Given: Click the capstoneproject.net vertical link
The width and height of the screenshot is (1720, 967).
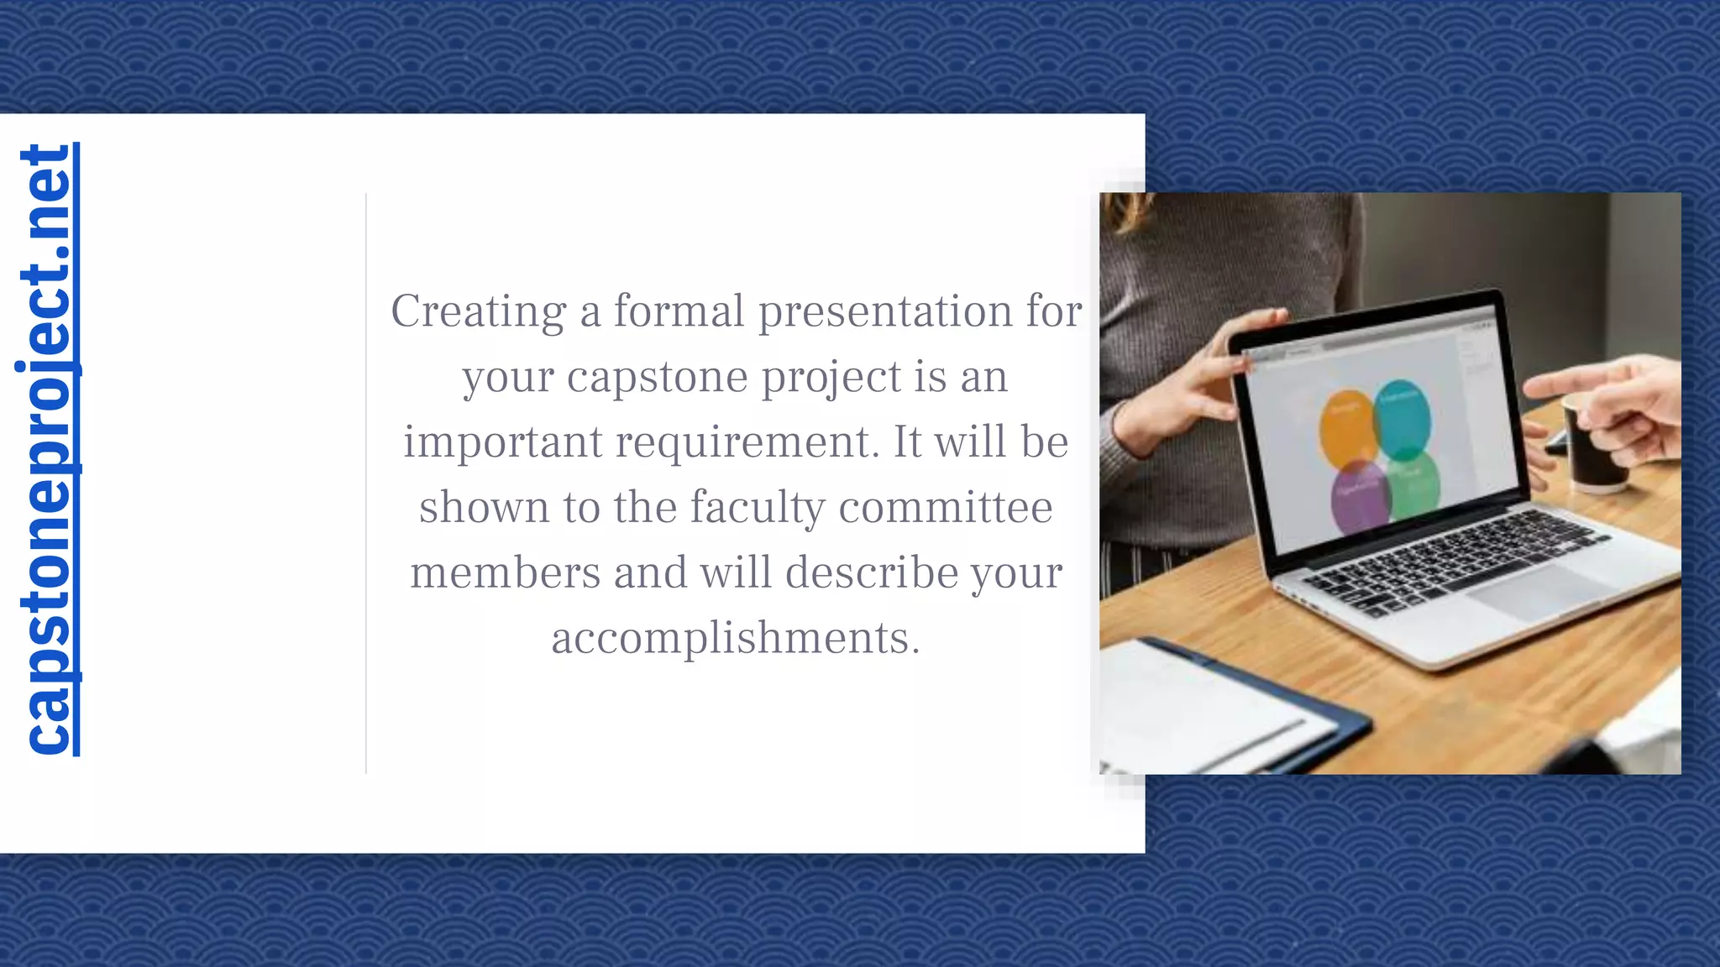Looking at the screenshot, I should pos(47,450).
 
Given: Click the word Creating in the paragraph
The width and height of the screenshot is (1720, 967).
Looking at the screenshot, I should pos(478,311).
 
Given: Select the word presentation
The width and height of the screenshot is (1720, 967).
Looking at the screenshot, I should pos(885,311).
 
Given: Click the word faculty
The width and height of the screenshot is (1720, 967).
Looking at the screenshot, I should pos(758,508).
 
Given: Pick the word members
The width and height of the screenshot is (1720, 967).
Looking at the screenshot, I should pos(505,572).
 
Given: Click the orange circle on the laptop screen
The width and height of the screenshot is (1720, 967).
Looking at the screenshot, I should pos(1346,429).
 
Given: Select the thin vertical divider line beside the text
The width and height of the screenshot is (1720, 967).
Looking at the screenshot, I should pos(366,483).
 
